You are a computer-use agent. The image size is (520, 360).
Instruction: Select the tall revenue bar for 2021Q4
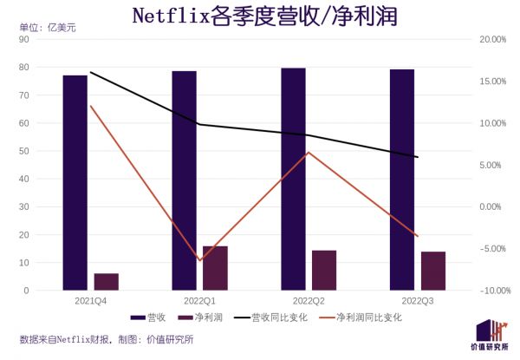(x=75, y=182)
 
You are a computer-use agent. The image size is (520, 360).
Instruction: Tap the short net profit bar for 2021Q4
(x=106, y=281)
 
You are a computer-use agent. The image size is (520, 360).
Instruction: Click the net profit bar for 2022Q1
(x=215, y=268)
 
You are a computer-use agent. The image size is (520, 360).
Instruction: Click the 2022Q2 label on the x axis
(x=309, y=300)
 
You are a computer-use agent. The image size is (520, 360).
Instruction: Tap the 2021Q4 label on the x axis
(x=90, y=300)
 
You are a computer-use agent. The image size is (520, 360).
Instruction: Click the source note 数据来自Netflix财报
(x=65, y=340)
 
